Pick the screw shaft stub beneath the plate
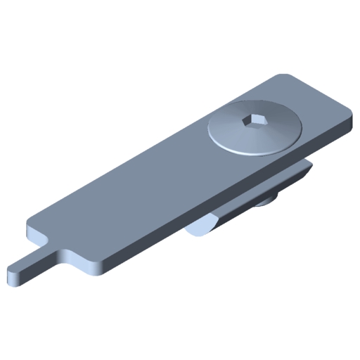pos(266,203)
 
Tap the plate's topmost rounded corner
pos(285,76)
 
